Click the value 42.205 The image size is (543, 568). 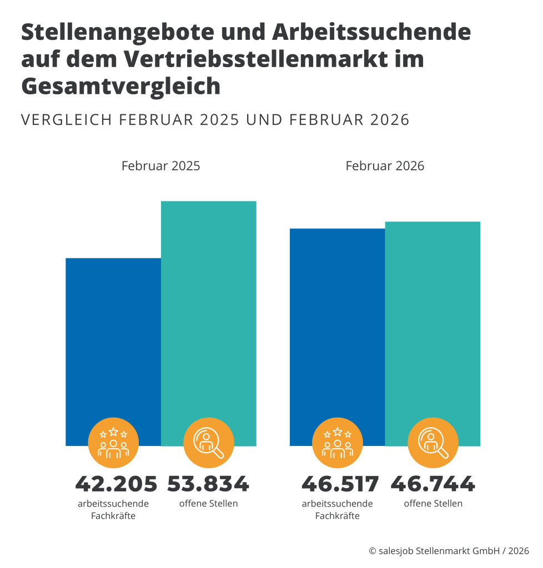116,484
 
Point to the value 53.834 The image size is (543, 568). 208,484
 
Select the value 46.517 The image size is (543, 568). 340,484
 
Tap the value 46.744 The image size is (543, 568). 433,484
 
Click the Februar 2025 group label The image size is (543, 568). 161,166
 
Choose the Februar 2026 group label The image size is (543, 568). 385,166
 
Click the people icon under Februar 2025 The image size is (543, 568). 113,443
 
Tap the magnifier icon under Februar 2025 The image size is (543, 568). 209,443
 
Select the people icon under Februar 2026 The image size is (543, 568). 338,443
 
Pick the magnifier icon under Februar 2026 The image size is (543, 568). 433,443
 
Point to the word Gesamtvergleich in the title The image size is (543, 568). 121,87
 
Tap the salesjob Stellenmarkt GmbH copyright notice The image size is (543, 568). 449,551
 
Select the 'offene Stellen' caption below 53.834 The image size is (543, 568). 208,504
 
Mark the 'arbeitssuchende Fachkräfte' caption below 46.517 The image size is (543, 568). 338,510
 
